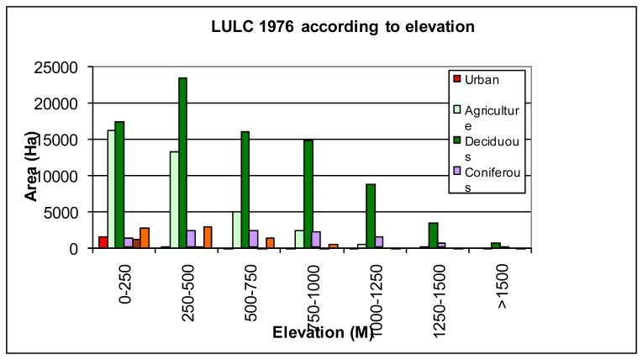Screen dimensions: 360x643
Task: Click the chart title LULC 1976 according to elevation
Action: coord(343,27)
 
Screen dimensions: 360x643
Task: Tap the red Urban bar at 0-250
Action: coord(103,242)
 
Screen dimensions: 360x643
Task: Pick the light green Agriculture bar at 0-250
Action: coord(111,189)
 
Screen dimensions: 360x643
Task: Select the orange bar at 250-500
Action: coord(208,237)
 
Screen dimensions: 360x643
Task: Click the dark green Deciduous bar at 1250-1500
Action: coord(434,236)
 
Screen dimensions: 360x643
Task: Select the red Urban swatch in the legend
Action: coord(457,79)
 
